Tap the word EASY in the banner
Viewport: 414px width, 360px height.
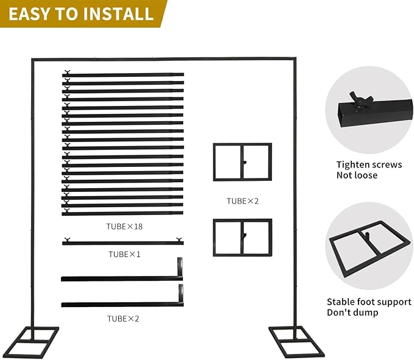[27, 14]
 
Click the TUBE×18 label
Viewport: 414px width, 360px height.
[124, 227]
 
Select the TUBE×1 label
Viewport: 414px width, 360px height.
[124, 254]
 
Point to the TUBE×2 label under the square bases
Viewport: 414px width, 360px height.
[243, 201]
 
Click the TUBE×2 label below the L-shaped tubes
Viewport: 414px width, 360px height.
[123, 319]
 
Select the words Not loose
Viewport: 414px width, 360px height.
[357, 175]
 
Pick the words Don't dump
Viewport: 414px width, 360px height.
[352, 312]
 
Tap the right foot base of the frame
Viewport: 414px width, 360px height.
[296, 342]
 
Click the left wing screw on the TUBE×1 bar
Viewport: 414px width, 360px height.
[67, 239]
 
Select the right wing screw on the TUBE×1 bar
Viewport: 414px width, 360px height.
[179, 239]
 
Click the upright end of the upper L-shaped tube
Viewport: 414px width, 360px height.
[180, 266]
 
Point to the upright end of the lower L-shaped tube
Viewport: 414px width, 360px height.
[181, 293]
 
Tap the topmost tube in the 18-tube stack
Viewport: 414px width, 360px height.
[123, 75]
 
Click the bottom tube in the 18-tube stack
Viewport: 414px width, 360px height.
[123, 213]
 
